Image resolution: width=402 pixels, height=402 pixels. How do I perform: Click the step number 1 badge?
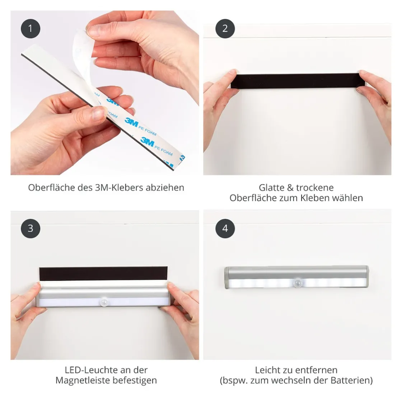coord(31,28)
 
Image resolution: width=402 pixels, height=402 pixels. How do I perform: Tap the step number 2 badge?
coord(225,28)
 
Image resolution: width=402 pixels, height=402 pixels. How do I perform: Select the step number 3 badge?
coord(31,228)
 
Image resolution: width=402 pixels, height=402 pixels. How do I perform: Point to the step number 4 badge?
coord(225,228)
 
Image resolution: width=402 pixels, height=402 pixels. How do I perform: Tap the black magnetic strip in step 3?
coord(103,274)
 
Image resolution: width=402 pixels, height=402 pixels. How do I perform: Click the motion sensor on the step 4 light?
coord(298,283)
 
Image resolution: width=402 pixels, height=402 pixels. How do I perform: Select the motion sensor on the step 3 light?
coord(104,302)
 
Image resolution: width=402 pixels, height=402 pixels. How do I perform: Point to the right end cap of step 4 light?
coord(366,276)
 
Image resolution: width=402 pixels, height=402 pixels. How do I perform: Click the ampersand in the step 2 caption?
coord(290,188)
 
